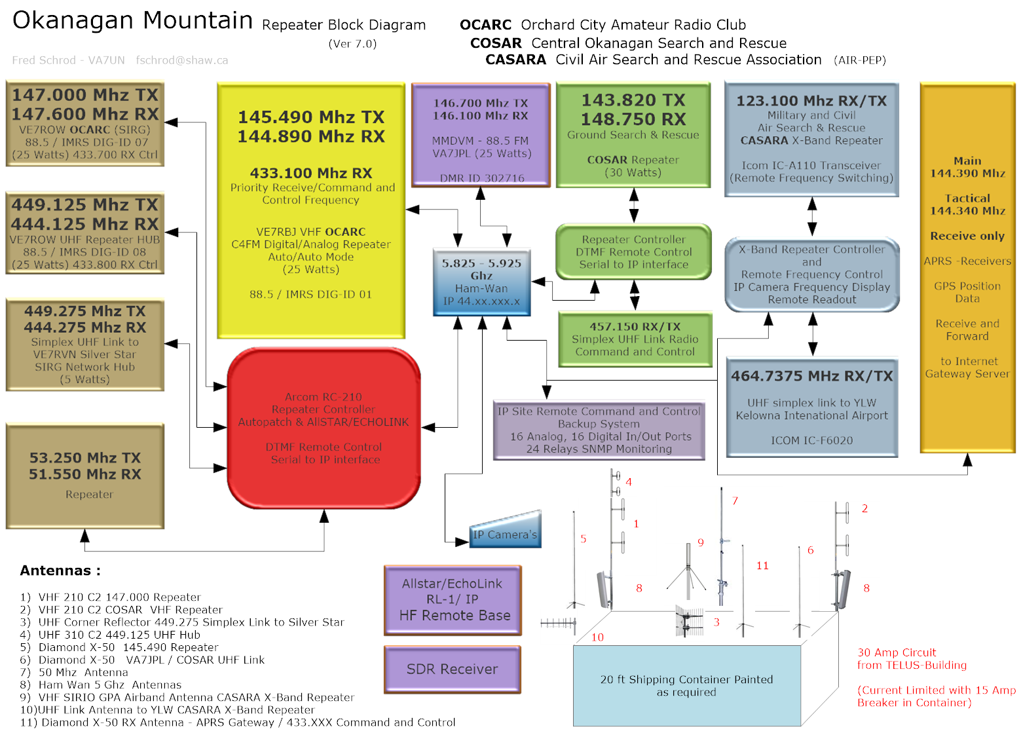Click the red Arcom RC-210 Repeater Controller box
tap(324, 428)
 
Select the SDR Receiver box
tap(453, 669)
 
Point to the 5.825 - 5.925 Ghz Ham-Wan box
tap(481, 282)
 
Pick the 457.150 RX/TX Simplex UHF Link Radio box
tap(635, 339)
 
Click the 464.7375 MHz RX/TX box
tap(811, 407)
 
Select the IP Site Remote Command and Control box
tap(599, 430)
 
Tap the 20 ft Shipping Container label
tap(686, 685)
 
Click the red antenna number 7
tap(735, 501)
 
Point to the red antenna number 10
tap(597, 637)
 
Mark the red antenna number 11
tap(762, 566)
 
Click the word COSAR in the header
tap(496, 43)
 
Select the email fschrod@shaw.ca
tap(182, 60)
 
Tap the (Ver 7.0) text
tap(352, 44)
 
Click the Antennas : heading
tap(60, 571)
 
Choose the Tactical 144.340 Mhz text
tap(967, 204)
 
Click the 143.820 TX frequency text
tap(633, 100)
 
